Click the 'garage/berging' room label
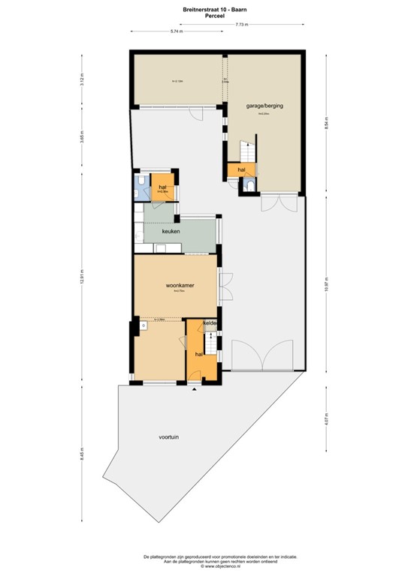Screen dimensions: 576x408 (x=264, y=106)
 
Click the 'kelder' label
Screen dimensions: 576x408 (x=210, y=323)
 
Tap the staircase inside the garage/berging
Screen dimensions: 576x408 (x=249, y=150)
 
